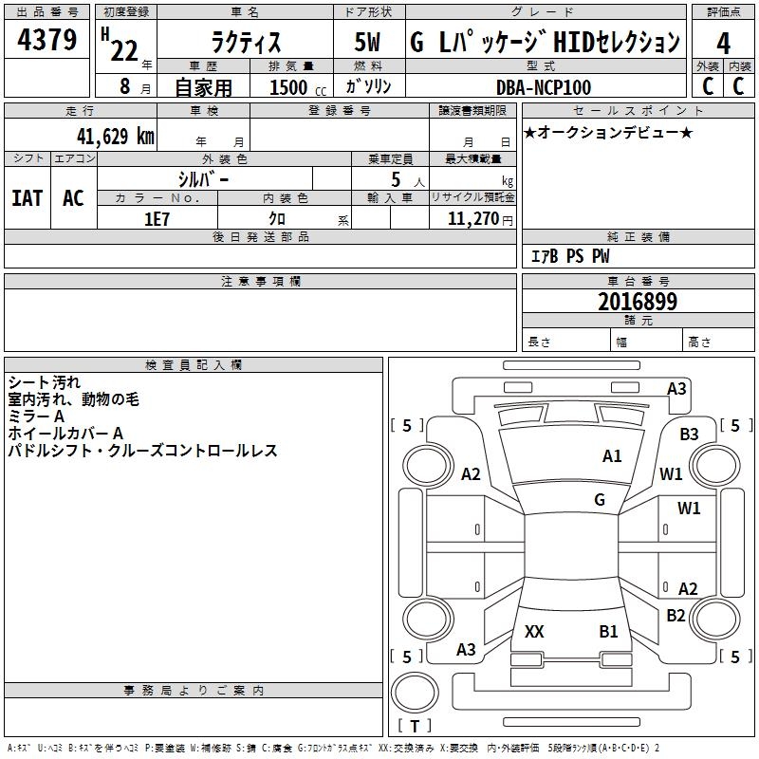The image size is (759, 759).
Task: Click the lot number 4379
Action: [46, 39]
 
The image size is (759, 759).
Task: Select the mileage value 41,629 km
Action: [116, 136]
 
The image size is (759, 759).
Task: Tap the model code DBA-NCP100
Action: [544, 87]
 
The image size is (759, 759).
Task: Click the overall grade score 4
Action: [723, 43]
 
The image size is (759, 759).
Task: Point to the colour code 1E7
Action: [157, 219]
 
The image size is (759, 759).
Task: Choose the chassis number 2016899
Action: [638, 302]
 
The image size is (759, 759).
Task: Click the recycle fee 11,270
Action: [472, 219]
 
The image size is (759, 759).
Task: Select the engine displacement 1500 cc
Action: [298, 87]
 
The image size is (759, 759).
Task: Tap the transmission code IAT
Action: [28, 198]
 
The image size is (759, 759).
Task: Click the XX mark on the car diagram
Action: [534, 631]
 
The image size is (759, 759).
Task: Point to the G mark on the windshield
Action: [600, 500]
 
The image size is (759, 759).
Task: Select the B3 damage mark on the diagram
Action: [689, 434]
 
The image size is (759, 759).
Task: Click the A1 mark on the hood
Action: [612, 455]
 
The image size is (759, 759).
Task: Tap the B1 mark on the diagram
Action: [608, 631]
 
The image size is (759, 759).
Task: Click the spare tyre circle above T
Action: [415, 693]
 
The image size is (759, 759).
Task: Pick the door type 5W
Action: [367, 42]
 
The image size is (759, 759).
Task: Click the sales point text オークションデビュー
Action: [608, 132]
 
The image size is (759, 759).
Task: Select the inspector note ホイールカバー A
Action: [65, 434]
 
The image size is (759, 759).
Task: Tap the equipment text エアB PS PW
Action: [570, 255]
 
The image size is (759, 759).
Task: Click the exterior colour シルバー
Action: [203, 179]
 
